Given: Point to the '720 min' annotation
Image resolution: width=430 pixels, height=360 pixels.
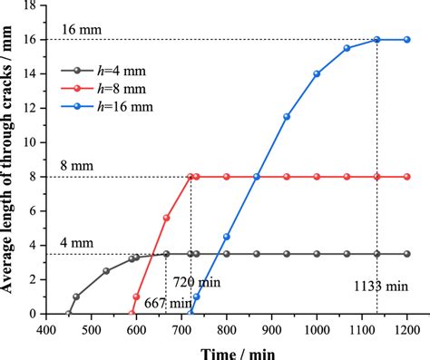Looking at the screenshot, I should click(220, 284).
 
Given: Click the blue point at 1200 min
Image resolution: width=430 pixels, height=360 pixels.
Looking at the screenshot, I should click(406, 40).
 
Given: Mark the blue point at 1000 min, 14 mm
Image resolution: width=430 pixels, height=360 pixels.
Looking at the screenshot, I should click(317, 74).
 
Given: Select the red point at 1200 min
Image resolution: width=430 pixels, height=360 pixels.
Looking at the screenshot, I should click(406, 177).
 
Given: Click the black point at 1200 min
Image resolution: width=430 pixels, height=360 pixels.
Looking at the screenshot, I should click(406, 254).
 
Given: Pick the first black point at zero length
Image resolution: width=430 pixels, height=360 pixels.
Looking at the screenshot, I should click(69, 314).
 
